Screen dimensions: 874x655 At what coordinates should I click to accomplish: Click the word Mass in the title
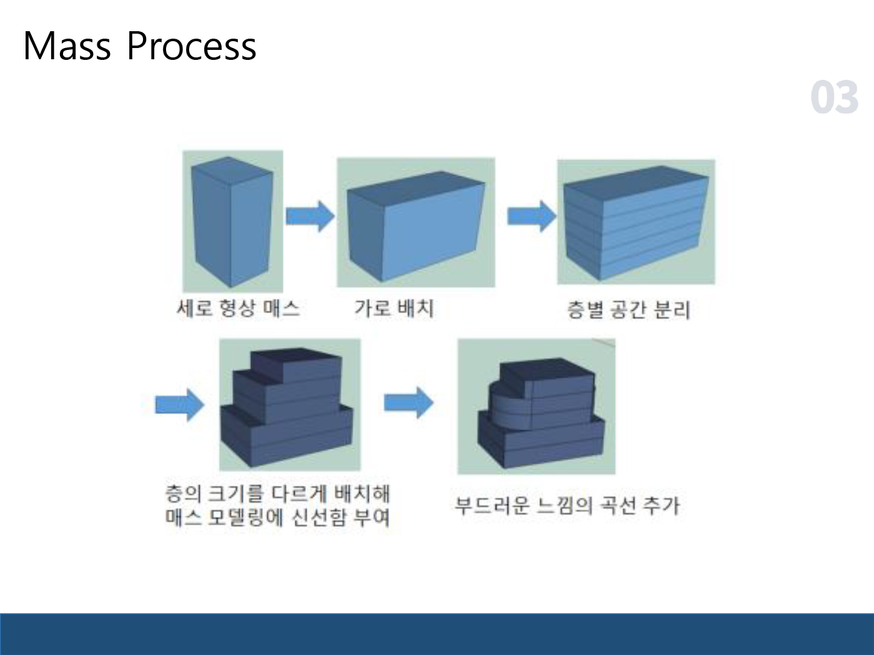point(67,46)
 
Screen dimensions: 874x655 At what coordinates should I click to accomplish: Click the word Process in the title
point(192,46)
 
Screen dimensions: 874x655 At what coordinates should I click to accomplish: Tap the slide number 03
point(834,97)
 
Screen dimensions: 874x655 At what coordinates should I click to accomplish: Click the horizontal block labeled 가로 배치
point(416,226)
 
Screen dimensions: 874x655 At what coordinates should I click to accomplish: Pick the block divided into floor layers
point(636,223)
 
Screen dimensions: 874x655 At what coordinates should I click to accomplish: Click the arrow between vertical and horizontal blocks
point(310,216)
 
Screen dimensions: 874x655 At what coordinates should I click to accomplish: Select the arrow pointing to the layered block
point(531,216)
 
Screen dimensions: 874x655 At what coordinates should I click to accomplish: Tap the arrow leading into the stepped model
point(180,405)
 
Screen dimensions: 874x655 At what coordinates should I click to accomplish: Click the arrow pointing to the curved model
point(408,402)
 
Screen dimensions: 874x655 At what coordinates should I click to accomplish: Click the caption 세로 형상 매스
point(238,309)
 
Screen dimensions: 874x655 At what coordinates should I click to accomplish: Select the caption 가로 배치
point(394,309)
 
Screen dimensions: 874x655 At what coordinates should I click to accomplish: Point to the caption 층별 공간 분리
point(628,310)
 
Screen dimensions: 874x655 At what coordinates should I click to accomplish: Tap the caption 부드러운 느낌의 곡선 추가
point(567,505)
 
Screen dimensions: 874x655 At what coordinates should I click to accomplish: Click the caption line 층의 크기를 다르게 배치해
point(278,494)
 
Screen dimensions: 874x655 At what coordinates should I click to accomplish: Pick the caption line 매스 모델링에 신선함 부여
point(278,517)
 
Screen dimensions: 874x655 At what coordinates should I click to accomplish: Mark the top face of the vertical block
point(232,170)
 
